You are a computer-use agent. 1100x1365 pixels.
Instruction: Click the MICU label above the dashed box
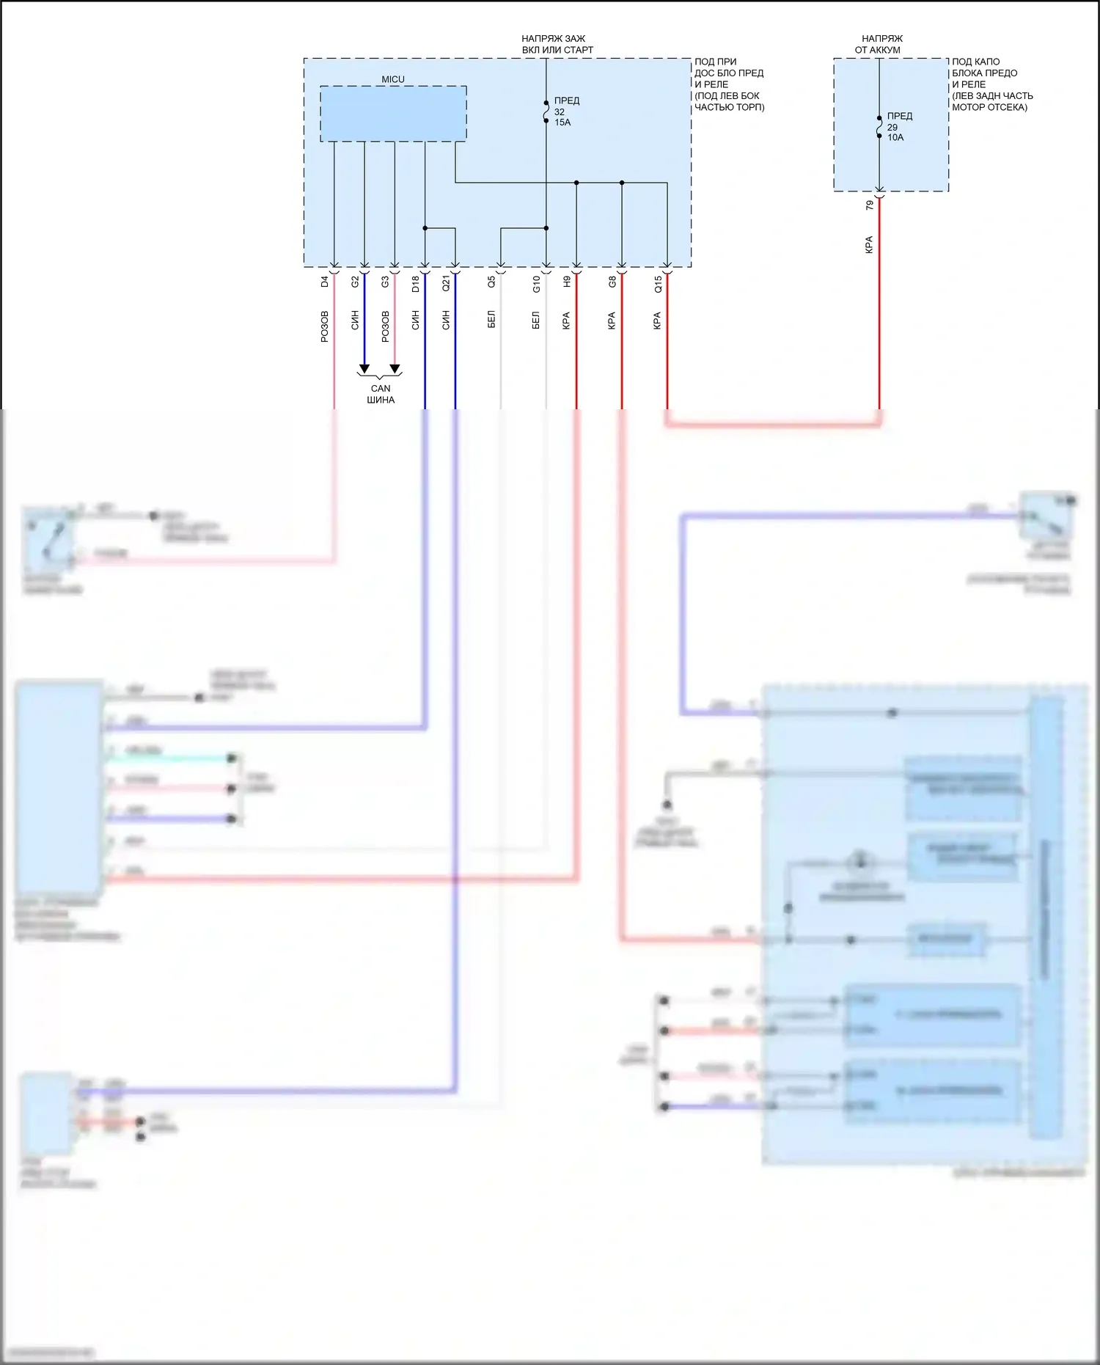(392, 79)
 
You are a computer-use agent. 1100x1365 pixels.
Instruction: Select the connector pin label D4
(325, 281)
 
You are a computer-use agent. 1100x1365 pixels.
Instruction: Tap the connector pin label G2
(355, 281)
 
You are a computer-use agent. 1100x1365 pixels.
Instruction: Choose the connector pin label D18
(416, 283)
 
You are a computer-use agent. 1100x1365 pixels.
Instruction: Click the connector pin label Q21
(446, 283)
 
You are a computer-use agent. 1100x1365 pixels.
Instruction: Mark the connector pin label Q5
(491, 281)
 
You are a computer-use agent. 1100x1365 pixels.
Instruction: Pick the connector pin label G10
(536, 283)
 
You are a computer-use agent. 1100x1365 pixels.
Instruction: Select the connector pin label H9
(567, 281)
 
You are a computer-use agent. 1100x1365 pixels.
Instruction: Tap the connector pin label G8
(612, 281)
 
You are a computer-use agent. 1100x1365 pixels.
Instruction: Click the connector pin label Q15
(658, 283)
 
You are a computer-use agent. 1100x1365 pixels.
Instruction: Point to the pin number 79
(870, 205)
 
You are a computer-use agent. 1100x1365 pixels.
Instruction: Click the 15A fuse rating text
(562, 122)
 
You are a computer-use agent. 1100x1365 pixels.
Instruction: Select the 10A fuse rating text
(895, 137)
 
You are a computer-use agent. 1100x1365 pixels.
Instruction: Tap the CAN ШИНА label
(381, 394)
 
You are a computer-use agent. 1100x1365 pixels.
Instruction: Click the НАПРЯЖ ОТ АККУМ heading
(879, 44)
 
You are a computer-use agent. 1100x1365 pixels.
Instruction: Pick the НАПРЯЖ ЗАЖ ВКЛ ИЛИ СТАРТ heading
(555, 44)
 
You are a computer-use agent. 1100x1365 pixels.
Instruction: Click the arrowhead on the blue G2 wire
(364, 369)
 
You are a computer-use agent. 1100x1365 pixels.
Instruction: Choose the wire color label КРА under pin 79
(870, 244)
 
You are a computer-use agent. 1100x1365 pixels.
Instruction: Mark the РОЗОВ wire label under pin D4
(325, 326)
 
